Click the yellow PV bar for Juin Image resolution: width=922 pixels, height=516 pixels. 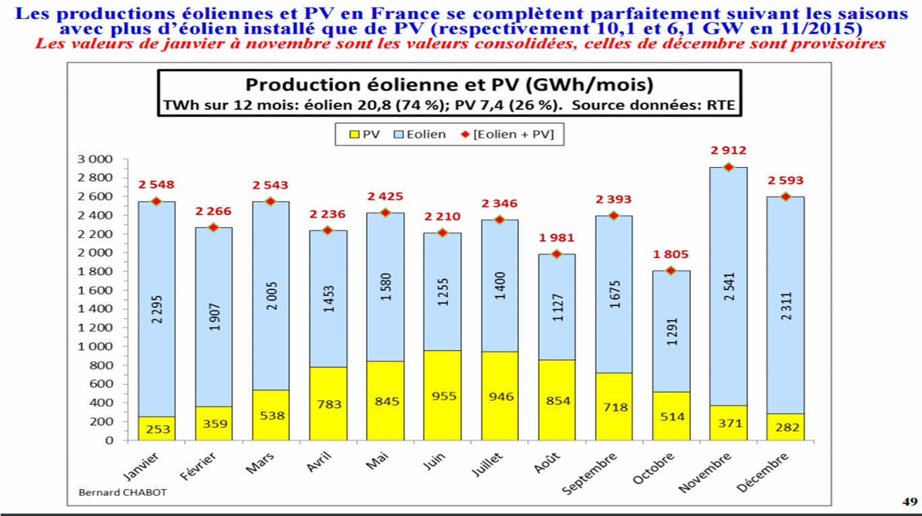(x=442, y=395)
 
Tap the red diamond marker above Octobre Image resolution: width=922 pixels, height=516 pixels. (x=671, y=270)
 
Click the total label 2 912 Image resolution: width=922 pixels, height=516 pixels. (x=727, y=151)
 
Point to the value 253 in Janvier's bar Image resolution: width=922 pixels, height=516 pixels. (x=156, y=430)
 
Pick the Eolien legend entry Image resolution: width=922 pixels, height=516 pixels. (x=422, y=134)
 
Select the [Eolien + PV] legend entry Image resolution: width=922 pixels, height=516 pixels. (x=508, y=134)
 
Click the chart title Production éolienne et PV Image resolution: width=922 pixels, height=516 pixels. (x=449, y=85)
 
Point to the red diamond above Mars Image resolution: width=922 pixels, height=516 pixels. (x=271, y=201)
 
